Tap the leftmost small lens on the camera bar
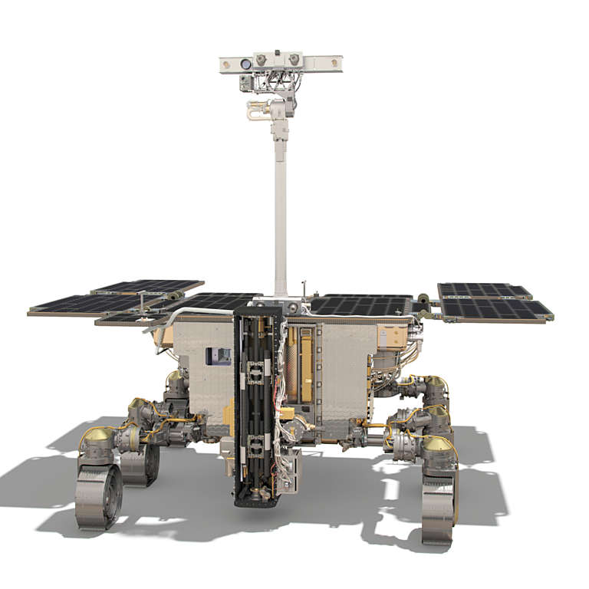[262, 60]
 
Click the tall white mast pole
[281, 215]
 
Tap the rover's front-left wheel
[98, 496]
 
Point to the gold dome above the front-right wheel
[438, 446]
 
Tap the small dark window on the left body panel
[219, 355]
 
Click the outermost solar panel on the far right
[497, 309]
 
